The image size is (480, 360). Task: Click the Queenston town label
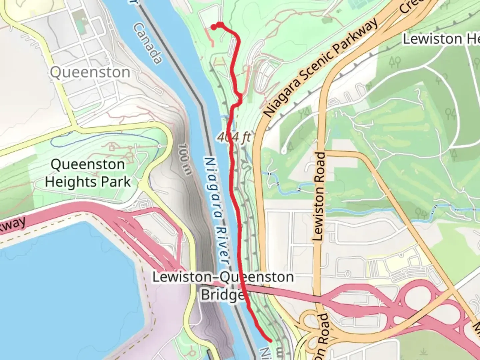[90, 72]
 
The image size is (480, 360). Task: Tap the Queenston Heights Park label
[88, 173]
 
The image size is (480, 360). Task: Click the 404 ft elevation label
[234, 137]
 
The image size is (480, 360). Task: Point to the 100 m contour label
[184, 159]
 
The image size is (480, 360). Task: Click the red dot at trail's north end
[213, 27]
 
